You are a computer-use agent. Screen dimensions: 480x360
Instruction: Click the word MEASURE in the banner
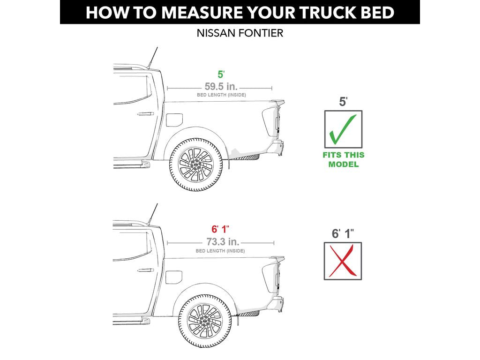point(202,13)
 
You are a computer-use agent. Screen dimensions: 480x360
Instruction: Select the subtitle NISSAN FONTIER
point(240,33)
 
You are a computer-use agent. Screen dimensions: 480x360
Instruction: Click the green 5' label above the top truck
point(221,75)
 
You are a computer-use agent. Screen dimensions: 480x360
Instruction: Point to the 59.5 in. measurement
point(221,86)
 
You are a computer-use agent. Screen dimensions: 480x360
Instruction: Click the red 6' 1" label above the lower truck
point(220,229)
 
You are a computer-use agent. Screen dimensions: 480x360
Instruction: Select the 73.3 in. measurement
point(223,242)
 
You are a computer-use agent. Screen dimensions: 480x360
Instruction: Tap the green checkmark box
point(343,129)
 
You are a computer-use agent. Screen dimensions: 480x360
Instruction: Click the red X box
point(343,261)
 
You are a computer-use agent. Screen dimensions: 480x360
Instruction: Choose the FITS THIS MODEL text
point(344,159)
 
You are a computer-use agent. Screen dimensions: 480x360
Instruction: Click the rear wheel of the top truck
point(196,165)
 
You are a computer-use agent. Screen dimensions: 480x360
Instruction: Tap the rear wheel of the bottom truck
point(205,321)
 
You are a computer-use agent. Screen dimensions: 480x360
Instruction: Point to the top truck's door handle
point(145,114)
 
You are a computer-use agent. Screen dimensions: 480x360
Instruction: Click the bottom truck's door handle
point(145,270)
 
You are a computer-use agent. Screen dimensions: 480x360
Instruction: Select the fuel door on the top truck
point(174,120)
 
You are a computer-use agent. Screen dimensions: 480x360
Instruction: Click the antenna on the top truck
point(153,58)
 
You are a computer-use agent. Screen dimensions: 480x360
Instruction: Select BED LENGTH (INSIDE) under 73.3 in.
point(220,251)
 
